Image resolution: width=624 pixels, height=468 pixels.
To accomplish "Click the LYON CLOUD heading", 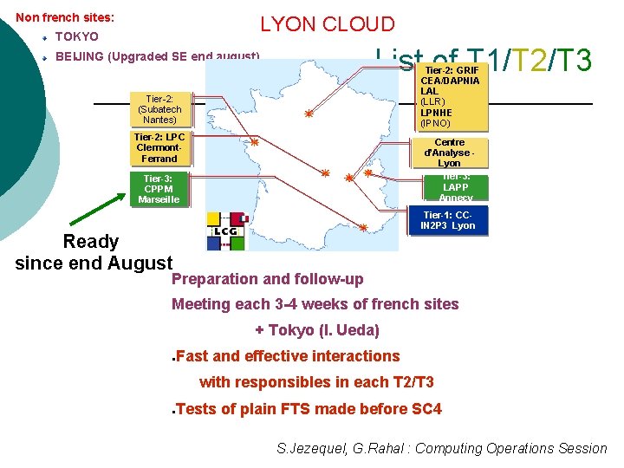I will pos(327,25).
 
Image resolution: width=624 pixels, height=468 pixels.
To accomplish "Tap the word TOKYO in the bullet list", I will pos(76,37).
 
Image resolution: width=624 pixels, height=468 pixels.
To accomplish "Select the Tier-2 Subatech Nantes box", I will pos(159,109).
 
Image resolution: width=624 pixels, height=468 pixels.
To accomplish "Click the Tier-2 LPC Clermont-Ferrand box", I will pos(159,148).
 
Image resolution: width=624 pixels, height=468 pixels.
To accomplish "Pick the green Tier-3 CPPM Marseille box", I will pos(159,189).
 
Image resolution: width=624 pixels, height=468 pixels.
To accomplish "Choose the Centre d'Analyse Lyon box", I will pos(449,153).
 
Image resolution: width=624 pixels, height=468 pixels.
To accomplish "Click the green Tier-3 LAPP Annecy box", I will pos(455,187).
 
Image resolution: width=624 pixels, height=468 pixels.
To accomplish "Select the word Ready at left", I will pos(91,241).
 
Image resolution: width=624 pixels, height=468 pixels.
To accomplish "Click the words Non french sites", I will pos(65,16).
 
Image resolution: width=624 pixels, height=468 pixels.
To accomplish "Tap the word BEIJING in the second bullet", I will pos(78,57).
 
